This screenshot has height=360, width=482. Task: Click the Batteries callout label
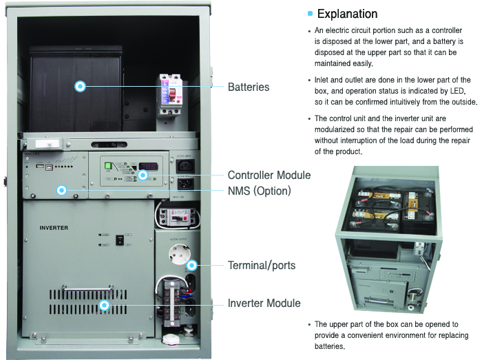pos(248,87)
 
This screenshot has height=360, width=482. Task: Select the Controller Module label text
pos(269,175)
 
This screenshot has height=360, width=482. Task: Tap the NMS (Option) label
pos(259,190)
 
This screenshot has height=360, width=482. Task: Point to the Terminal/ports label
pos(262,265)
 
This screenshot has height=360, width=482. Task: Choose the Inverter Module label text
pos(264,303)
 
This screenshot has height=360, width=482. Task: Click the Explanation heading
pos(347,14)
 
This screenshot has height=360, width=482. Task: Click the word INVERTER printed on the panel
pos(53,227)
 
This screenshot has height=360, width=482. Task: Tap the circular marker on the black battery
pos(80,86)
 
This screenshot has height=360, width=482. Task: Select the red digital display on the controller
pos(149,167)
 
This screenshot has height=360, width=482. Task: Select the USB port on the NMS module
pos(41,166)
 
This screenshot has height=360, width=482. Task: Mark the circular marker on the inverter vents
pos(104,304)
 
